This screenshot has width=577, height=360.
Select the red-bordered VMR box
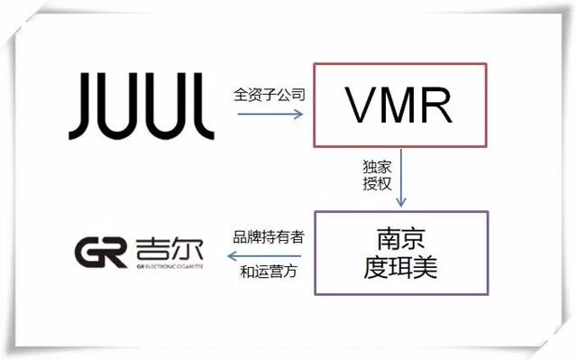point(400,105)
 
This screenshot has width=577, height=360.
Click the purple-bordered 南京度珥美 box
point(400,253)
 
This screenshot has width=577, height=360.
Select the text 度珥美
point(400,267)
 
